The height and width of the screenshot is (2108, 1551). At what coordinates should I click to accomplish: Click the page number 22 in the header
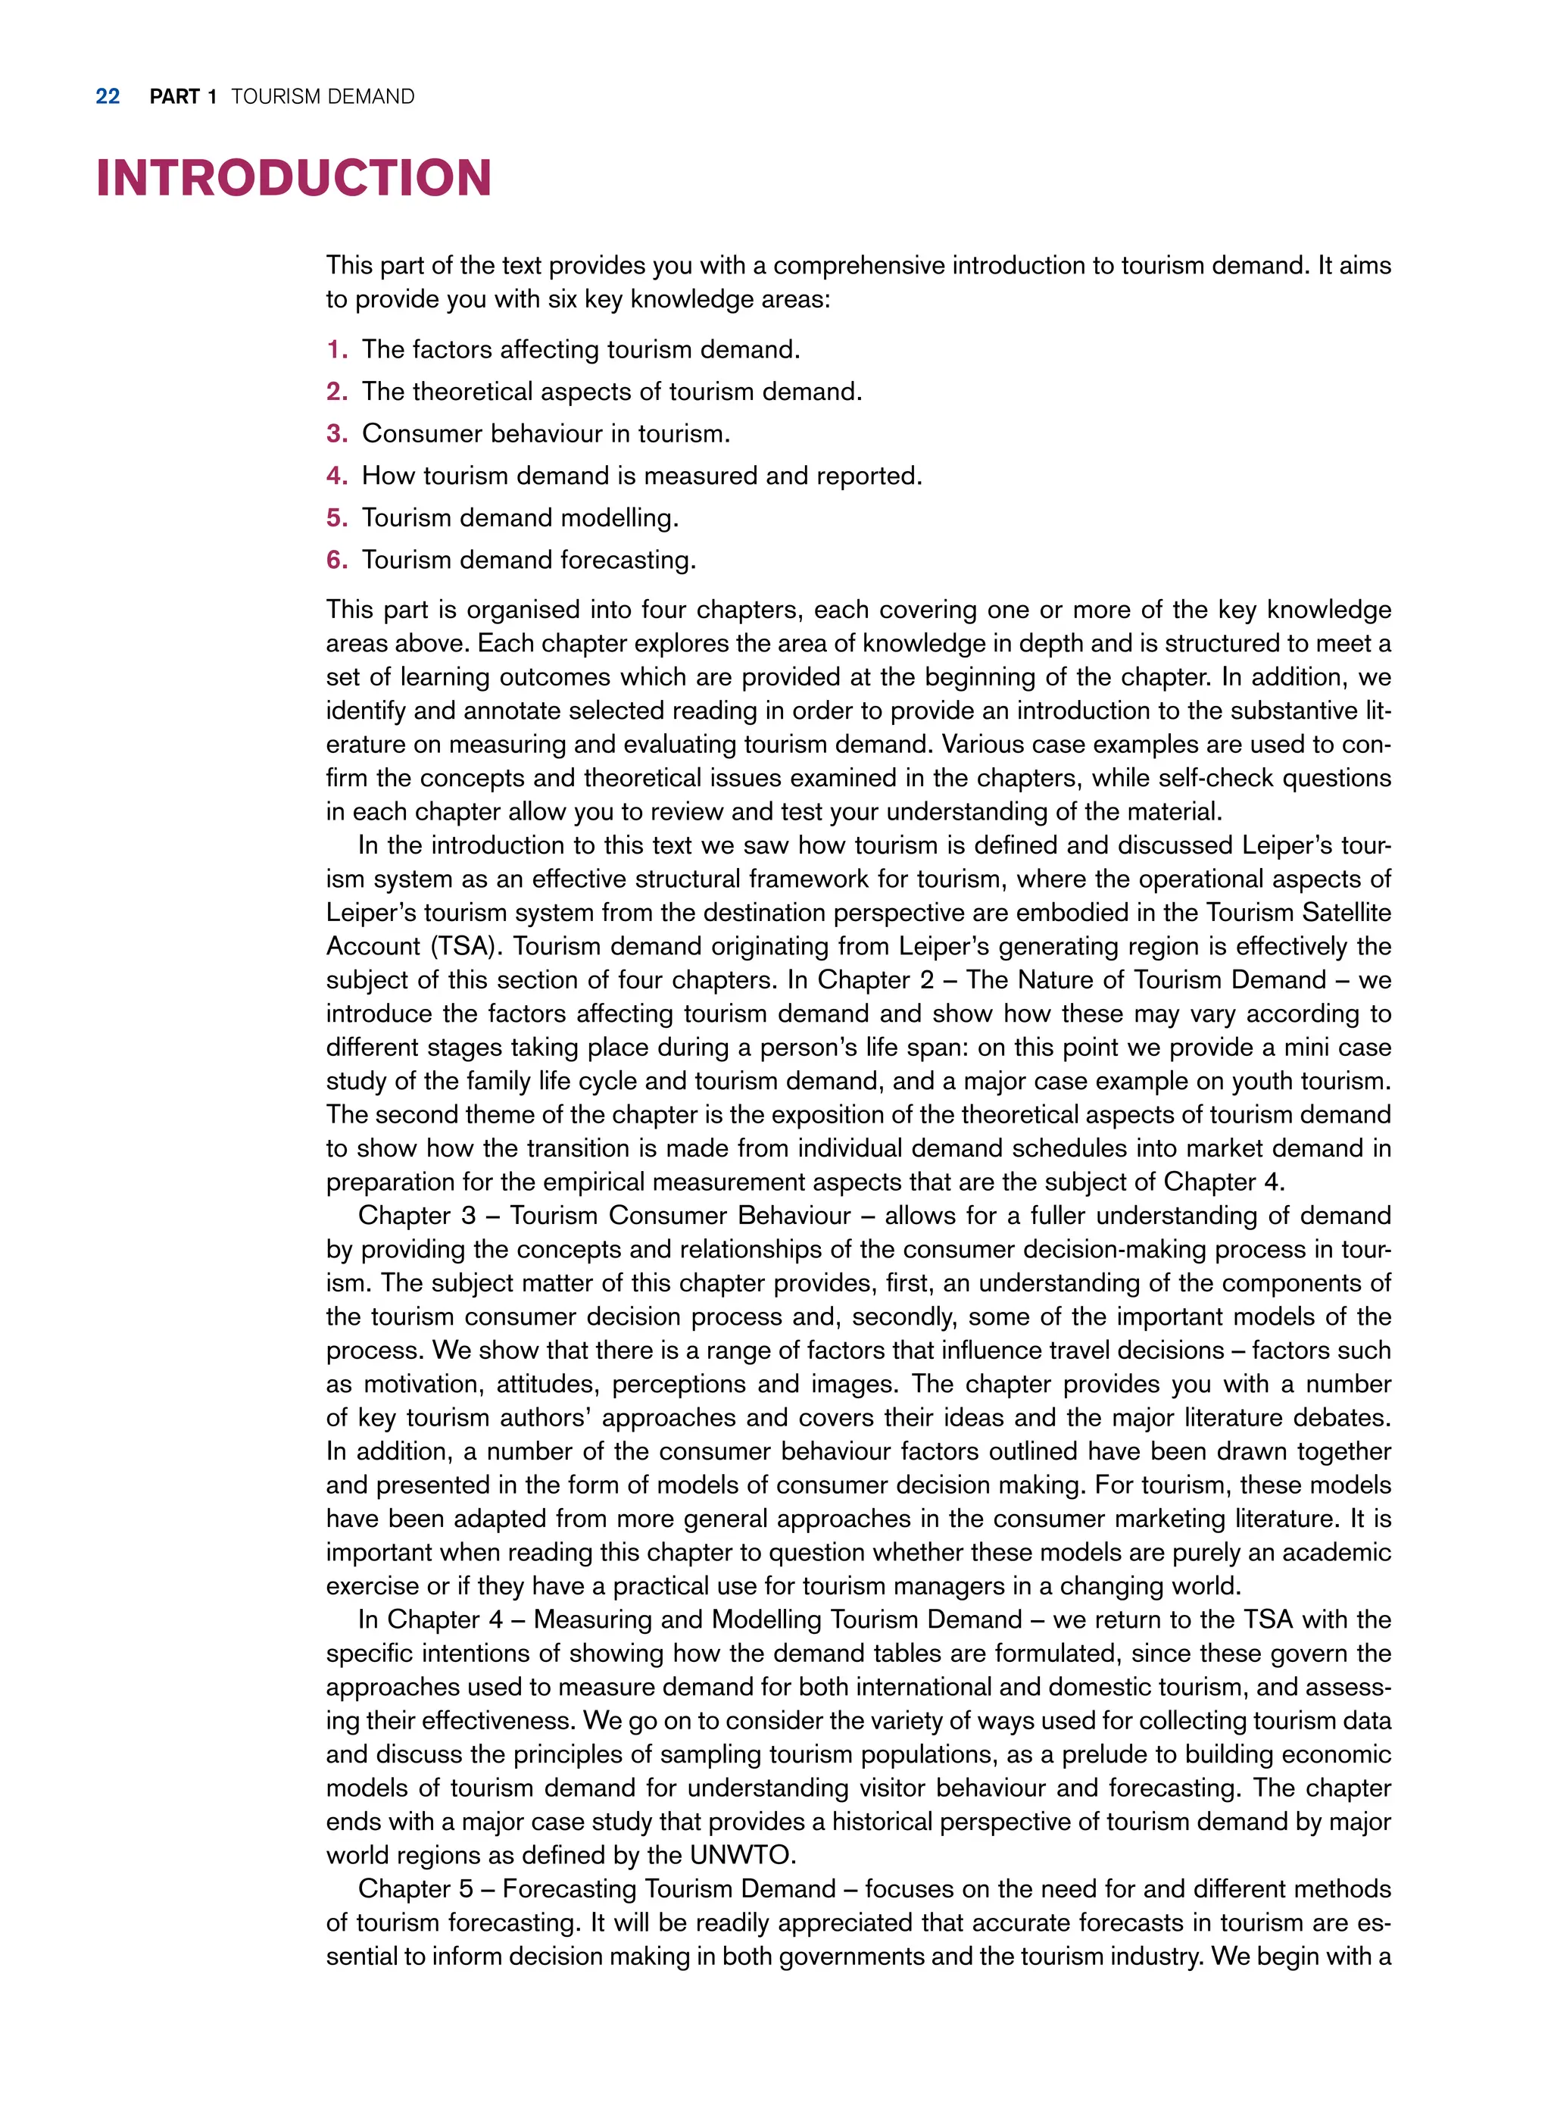click(x=108, y=97)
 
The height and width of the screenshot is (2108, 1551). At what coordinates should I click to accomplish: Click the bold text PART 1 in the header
click(x=183, y=97)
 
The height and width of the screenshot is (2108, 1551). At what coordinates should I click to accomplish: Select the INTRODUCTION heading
click(x=294, y=179)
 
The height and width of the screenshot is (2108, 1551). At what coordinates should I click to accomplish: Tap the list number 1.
click(x=336, y=349)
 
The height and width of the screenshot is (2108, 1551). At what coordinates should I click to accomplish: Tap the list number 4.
click(x=336, y=476)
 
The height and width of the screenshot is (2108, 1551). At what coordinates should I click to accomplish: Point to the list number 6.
click(x=336, y=561)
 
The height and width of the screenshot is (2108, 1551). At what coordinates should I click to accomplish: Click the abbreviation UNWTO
click(x=741, y=1856)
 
